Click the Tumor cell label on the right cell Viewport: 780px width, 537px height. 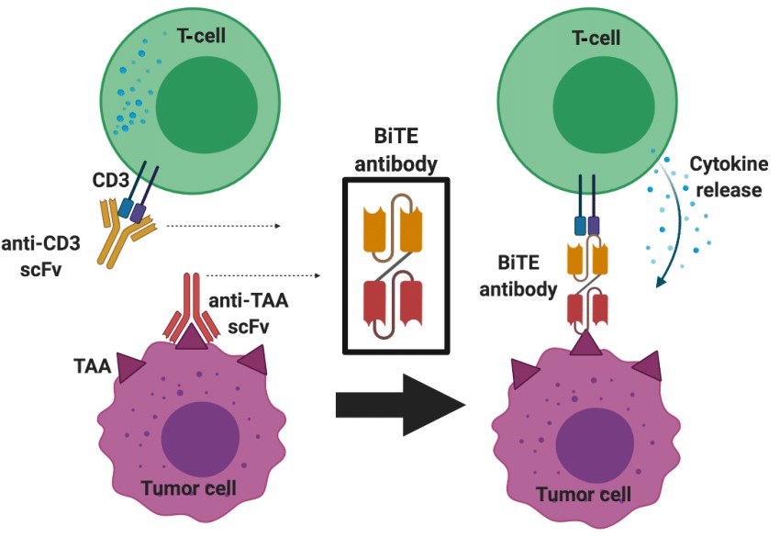(585, 495)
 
